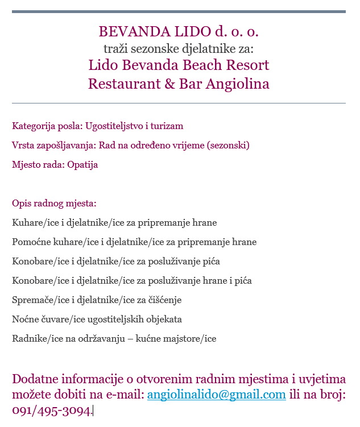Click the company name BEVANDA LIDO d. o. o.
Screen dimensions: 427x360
(x=179, y=31)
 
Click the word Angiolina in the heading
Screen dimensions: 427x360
(x=237, y=84)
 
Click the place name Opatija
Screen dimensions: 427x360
(x=82, y=165)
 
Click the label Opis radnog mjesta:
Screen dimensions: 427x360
(x=54, y=204)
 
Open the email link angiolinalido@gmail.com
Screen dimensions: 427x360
(x=216, y=395)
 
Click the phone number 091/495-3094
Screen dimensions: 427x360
(x=51, y=411)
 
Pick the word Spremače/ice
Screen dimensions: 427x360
(x=39, y=300)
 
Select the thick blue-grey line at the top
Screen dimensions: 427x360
(x=179, y=11)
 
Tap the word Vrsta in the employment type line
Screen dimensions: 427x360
(x=23, y=145)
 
